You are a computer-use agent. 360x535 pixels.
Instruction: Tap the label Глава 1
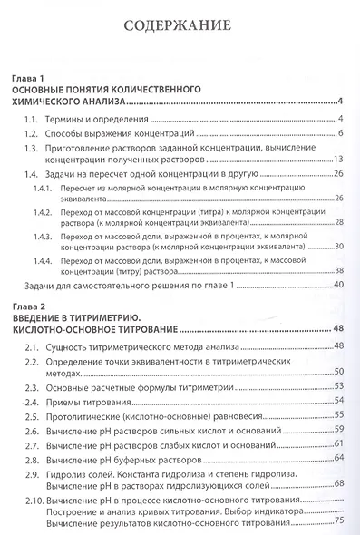click(x=25, y=79)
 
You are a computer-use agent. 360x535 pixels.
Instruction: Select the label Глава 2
click(x=25, y=306)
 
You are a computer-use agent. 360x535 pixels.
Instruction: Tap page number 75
click(x=339, y=519)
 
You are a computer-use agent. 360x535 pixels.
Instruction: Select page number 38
click(x=337, y=269)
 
